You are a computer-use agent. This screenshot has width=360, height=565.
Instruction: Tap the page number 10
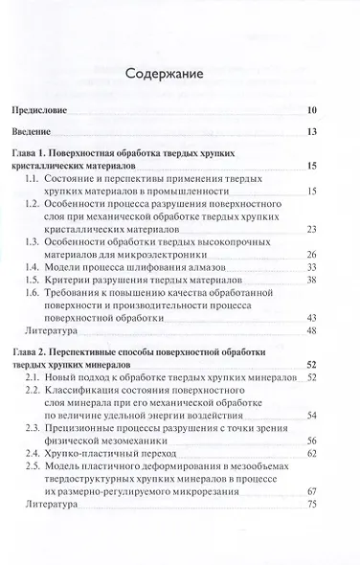[325, 111]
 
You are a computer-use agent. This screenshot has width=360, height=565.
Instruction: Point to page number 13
[325, 131]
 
